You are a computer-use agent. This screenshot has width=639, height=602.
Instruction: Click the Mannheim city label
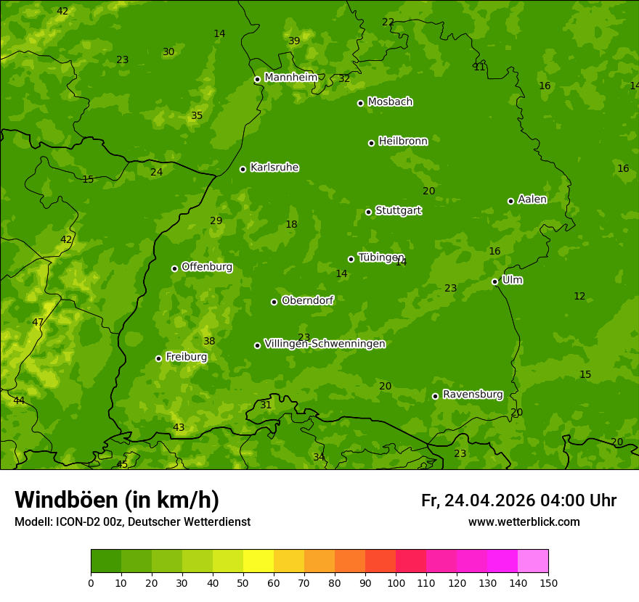click(x=290, y=78)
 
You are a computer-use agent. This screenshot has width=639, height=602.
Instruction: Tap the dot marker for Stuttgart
click(x=368, y=212)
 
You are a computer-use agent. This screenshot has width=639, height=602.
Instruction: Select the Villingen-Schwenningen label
click(x=325, y=344)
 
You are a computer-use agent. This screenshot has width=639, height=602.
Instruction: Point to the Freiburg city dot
click(x=158, y=358)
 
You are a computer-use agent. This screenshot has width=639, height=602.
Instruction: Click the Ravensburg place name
click(x=473, y=395)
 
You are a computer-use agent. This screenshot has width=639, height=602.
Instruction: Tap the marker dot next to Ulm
click(x=495, y=281)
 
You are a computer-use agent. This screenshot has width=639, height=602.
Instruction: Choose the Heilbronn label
click(x=403, y=141)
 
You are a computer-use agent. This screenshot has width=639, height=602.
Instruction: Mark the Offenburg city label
click(x=207, y=267)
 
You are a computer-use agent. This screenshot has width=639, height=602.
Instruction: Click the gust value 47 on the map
click(x=38, y=322)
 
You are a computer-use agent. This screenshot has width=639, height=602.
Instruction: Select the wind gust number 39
click(x=294, y=41)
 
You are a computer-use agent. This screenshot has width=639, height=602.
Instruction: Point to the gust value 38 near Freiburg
click(x=209, y=341)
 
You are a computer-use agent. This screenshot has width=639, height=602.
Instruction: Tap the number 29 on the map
click(x=216, y=221)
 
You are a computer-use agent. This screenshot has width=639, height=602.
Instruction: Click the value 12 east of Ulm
click(x=579, y=297)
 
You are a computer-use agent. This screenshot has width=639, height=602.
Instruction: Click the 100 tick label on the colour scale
click(x=396, y=582)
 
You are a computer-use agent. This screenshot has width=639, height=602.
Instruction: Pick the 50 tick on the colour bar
click(x=243, y=582)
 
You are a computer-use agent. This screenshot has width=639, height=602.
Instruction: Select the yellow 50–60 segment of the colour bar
click(x=259, y=561)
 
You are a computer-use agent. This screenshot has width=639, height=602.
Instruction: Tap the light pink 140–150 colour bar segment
click(x=533, y=561)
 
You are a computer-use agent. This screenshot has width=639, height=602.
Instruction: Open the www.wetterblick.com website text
click(x=524, y=522)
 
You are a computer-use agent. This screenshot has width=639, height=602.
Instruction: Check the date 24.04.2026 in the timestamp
click(x=489, y=500)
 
